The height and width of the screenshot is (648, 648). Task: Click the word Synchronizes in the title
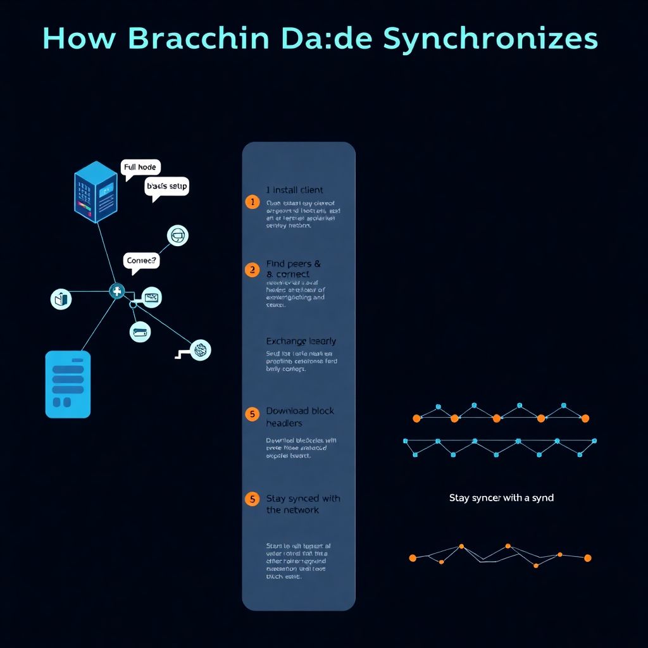click(x=490, y=39)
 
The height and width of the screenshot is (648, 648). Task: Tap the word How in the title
click(x=80, y=39)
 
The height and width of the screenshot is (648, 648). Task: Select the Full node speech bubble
click(x=140, y=168)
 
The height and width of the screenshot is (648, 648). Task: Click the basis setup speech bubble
click(x=167, y=187)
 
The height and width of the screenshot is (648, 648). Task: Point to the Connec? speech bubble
click(x=141, y=261)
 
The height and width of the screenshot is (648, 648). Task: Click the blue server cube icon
click(x=96, y=190)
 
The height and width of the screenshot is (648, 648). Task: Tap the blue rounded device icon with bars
click(x=68, y=384)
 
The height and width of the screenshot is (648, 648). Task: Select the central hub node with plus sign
click(x=117, y=291)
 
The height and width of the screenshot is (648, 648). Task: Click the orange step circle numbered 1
click(x=252, y=202)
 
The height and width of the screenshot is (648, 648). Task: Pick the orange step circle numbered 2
click(x=252, y=270)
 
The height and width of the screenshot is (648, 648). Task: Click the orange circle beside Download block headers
click(x=252, y=414)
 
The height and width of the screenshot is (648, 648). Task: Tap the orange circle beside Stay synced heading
click(x=252, y=499)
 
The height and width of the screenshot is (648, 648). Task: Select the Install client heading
click(x=295, y=190)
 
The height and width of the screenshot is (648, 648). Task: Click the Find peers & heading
click(x=294, y=263)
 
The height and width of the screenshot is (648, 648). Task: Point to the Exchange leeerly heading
click(x=301, y=341)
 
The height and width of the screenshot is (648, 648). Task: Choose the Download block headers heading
click(x=299, y=416)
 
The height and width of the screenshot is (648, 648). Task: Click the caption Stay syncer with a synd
click(x=501, y=498)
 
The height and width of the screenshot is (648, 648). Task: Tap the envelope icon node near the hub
click(x=151, y=297)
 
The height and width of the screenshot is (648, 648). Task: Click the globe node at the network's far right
click(x=201, y=350)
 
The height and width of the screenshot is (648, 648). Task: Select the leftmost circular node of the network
click(x=61, y=299)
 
